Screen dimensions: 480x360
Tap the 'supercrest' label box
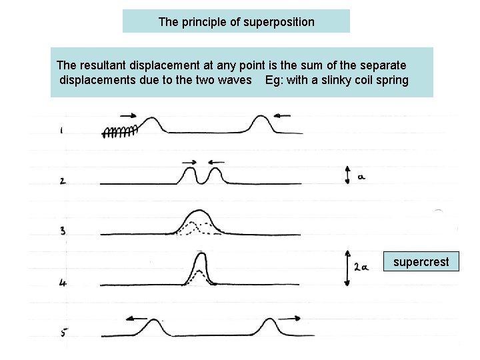click(x=421, y=262)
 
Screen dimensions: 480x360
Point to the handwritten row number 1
click(x=61, y=131)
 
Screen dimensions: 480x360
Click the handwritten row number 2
click(x=62, y=181)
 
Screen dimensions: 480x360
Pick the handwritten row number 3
click(x=62, y=231)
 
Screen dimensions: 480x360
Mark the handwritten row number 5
click(x=63, y=331)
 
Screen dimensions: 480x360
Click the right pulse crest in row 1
click(x=260, y=122)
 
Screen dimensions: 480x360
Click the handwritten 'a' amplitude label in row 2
click(x=361, y=177)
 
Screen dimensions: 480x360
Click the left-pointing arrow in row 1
click(x=282, y=116)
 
